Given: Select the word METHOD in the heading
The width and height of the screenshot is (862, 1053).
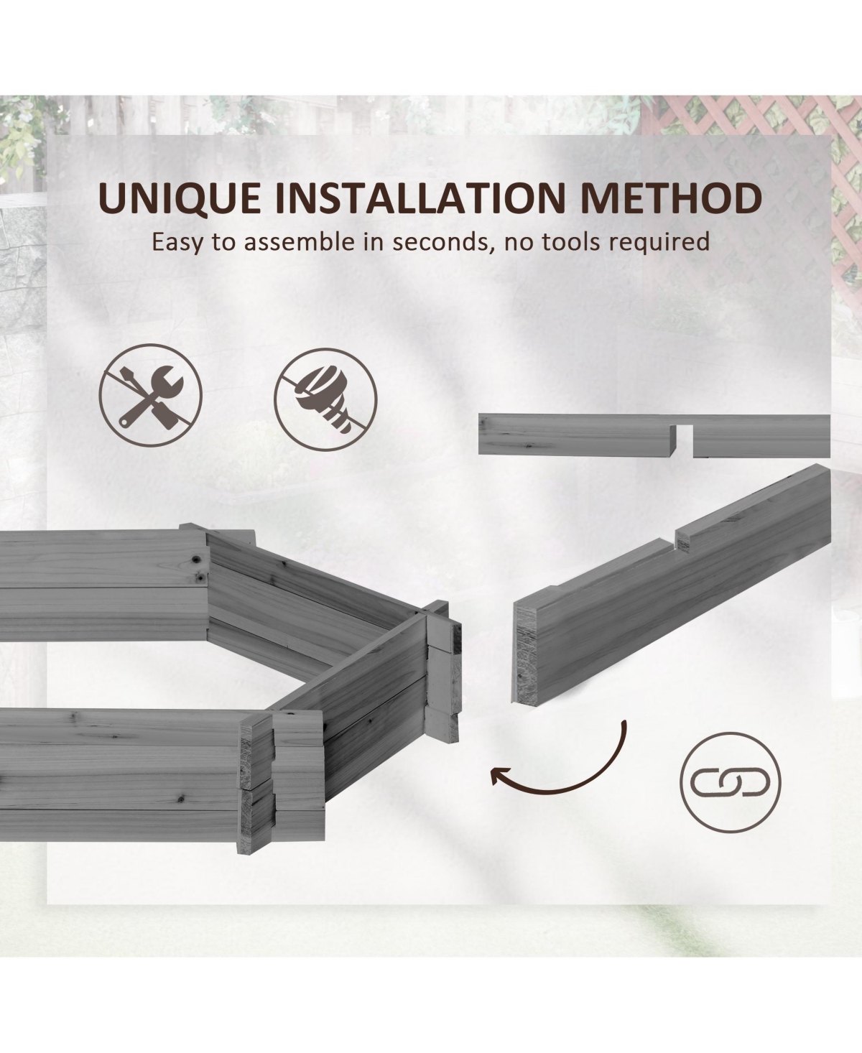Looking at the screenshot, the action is pos(671,198).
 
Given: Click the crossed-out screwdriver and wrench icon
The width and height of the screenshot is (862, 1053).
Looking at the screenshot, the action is pos(150,395).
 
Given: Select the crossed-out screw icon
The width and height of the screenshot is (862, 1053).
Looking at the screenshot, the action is pos(325,399).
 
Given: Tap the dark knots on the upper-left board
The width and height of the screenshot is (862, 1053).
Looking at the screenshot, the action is pos(199,567).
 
